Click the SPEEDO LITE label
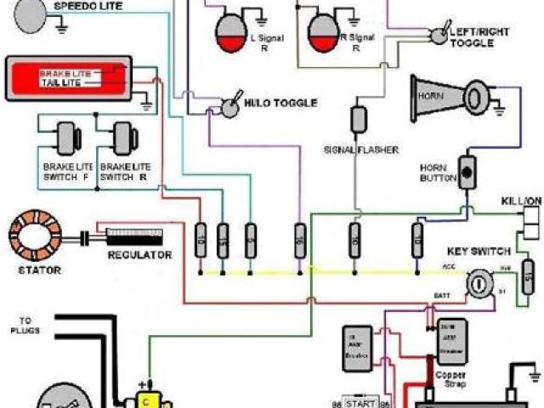pyautogui.click(x=88, y=6)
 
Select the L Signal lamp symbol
pyautogui.click(x=228, y=31)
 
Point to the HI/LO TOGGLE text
pyautogui.click(x=280, y=103)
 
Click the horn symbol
pyautogui.click(x=450, y=94)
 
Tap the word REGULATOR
pyautogui.click(x=139, y=255)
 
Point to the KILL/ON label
pyautogui.click(x=520, y=200)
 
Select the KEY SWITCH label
pyautogui.click(x=479, y=252)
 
